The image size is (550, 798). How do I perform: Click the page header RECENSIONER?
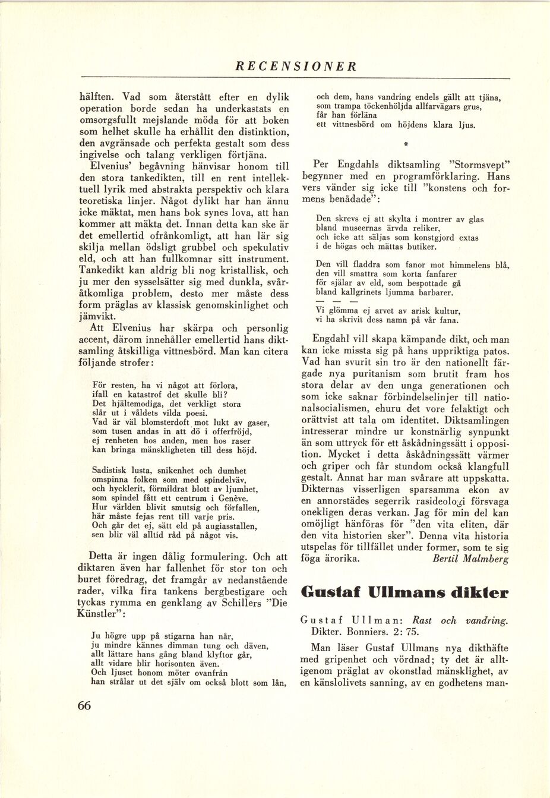pyautogui.click(x=295, y=67)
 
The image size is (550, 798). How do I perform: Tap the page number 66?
pyautogui.click(x=84, y=705)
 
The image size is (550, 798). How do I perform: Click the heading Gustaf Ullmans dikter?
pyautogui.click(x=405, y=592)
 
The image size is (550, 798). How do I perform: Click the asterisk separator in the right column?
pyautogui.click(x=406, y=144)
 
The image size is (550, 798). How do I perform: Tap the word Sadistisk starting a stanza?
pyautogui.click(x=109, y=469)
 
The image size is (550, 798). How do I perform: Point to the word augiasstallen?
pyautogui.click(x=227, y=526)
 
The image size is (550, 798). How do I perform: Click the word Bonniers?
pyautogui.click(x=353, y=632)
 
